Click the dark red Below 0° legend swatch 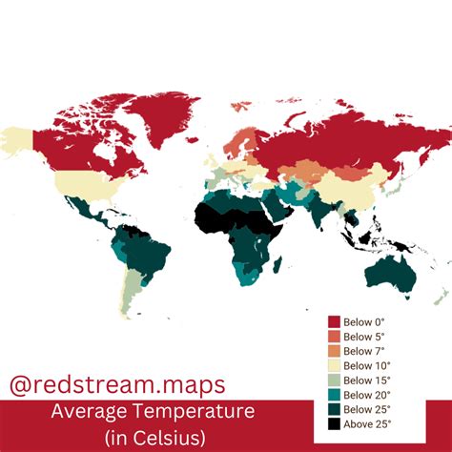point(334,322)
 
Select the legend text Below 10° point(365,363)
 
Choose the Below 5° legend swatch point(334,336)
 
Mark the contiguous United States point(81,184)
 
